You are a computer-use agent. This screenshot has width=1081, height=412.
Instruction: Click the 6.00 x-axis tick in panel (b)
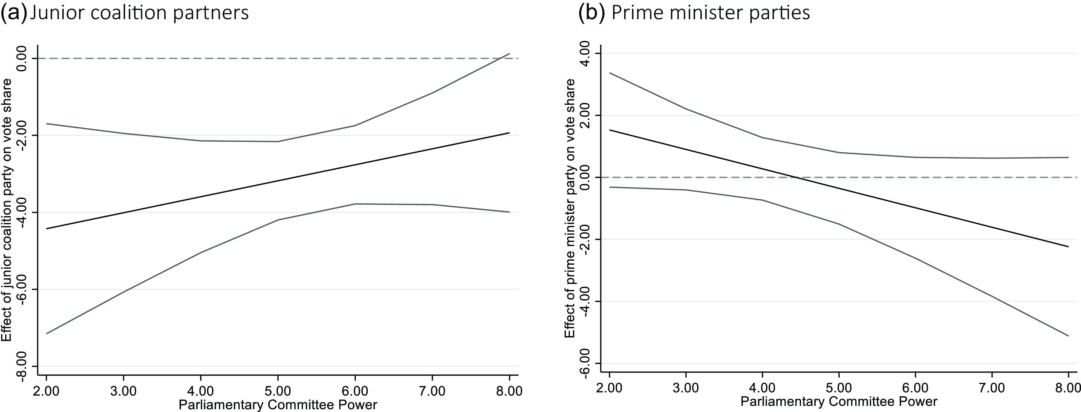[915, 388]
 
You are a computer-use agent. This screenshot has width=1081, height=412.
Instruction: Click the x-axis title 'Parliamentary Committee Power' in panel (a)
[277, 405]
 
